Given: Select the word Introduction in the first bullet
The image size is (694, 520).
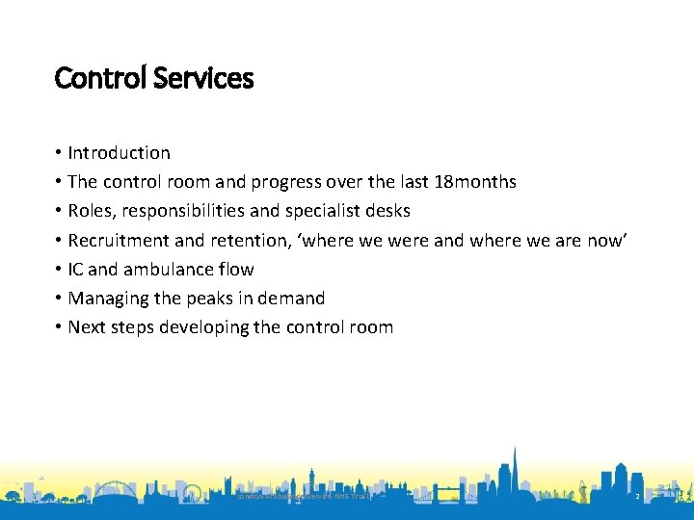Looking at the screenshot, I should point(119,153).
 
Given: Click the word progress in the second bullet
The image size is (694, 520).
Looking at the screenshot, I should point(315,182).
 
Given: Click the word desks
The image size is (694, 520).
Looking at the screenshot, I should point(385,211).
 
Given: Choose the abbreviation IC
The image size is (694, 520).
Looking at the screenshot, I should point(76,270).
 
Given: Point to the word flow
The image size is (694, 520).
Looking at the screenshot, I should point(236,270).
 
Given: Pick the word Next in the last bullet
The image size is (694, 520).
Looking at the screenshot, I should point(87,327).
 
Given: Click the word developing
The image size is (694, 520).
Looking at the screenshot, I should point(203,327).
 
